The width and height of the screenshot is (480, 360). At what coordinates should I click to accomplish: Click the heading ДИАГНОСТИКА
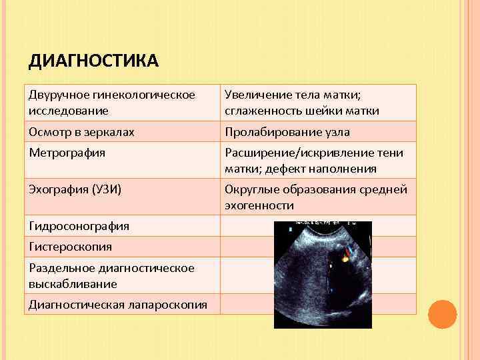pos(93,62)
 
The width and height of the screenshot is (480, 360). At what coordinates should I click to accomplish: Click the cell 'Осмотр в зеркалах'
pos(81,132)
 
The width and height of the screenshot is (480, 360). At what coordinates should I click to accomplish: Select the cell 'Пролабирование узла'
pos(287,132)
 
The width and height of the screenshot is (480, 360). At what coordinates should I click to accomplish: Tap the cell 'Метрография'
pos(67,153)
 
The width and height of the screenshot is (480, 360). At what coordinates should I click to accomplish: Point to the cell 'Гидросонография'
pos(79,226)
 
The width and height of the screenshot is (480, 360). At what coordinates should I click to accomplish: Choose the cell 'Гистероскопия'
pos(70,247)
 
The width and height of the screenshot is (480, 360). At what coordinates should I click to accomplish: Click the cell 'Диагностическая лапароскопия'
pos(117,305)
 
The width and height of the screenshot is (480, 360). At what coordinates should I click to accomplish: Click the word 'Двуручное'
pos(57,95)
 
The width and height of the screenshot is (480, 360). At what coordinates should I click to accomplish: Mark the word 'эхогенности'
pos(259,205)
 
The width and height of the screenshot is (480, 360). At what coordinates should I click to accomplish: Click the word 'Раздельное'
pos(59,268)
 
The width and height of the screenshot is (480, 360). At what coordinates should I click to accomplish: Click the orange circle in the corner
pos(442,313)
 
